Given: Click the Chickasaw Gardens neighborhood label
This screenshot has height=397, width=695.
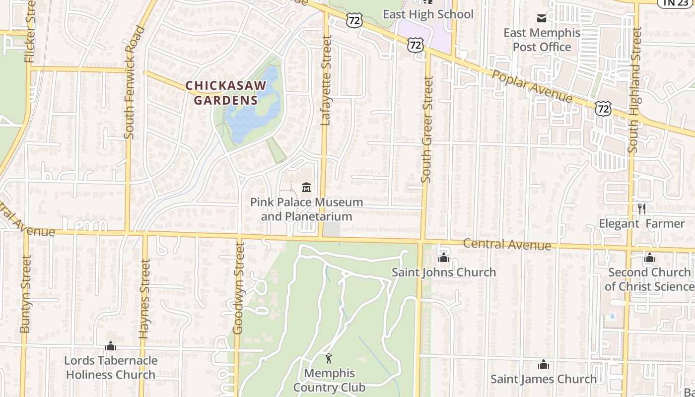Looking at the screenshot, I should click(x=226, y=93).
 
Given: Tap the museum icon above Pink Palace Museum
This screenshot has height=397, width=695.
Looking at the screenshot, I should click(x=306, y=188).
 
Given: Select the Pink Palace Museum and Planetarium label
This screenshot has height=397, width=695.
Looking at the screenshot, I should click(x=306, y=209).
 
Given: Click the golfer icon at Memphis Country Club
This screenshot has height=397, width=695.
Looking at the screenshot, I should click(x=328, y=358).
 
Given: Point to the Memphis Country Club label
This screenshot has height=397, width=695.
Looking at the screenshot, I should click(x=329, y=380).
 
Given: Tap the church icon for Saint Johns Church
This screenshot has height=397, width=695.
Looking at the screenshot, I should click(x=444, y=258).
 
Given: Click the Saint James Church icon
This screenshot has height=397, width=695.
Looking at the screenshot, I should click(x=544, y=365).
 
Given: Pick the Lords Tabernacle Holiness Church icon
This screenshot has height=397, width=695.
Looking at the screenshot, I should click(x=111, y=346).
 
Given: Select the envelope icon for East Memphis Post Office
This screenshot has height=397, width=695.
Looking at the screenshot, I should click(x=542, y=18).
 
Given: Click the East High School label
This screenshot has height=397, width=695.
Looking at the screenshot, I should click(x=428, y=14).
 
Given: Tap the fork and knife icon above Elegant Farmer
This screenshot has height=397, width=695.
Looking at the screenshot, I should click(x=642, y=208).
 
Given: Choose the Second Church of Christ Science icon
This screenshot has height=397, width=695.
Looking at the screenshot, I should click(x=650, y=258).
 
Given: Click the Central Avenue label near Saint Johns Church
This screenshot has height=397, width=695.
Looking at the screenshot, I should click(x=507, y=244).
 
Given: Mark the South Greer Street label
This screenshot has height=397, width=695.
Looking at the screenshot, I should click(x=427, y=129).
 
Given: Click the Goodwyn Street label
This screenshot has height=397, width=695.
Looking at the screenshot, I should click(x=239, y=288).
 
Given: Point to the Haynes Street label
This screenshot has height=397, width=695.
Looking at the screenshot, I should click(x=144, y=299).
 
